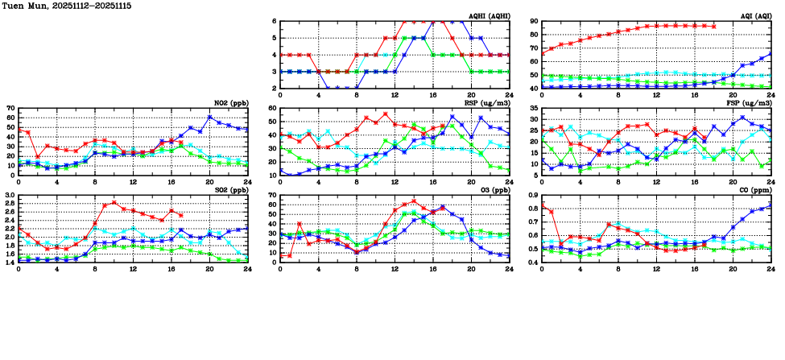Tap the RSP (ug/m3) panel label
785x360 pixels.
(x=484, y=103)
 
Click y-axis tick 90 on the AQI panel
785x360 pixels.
(x=534, y=22)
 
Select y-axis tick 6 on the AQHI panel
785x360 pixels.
(x=274, y=22)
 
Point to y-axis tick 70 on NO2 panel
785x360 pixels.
(x=12, y=108)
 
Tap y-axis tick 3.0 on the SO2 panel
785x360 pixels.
(x=10, y=196)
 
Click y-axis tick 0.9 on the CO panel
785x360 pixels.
(x=532, y=196)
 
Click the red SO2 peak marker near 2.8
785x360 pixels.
(x=114, y=203)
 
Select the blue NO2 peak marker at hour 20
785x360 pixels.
(x=209, y=118)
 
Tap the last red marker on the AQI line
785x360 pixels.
(x=713, y=26)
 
